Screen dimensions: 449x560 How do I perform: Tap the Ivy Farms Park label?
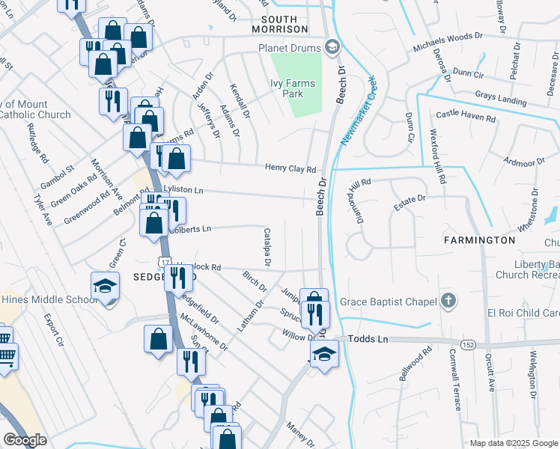(287, 89)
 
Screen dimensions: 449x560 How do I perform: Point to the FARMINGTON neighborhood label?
(479, 240)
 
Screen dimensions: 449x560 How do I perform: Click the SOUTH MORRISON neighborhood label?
(284, 24)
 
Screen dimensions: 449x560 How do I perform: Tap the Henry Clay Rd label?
(290, 169)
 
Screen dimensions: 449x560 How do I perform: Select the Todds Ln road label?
(371, 339)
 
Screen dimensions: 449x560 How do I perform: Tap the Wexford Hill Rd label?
(438, 159)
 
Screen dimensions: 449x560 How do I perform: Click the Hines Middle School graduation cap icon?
(105, 286)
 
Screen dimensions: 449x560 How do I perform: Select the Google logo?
(25, 440)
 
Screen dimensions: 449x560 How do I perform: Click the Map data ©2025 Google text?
(513, 443)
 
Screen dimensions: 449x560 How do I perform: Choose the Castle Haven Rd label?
(466, 117)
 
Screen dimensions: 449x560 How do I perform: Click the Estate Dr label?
(410, 199)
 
